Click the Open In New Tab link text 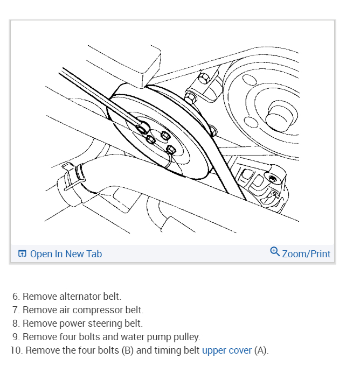click(66, 254)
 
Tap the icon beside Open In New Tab click(22, 254)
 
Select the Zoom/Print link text click(306, 254)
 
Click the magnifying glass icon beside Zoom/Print click(275, 252)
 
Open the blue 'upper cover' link click(226, 350)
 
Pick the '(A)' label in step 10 click(261, 350)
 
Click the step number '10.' click(16, 350)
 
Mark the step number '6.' click(16, 297)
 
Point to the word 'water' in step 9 click(126, 337)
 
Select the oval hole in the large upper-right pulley click(250, 80)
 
